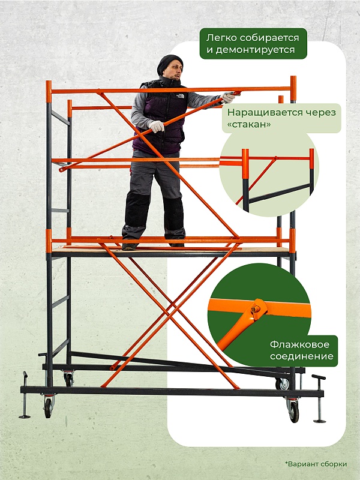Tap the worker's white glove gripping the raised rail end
point(228,97)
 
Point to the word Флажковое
point(295,344)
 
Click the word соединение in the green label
point(302,356)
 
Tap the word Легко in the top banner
point(221,38)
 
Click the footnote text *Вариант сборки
point(316,464)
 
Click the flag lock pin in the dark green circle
point(256,310)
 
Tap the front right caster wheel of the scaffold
point(293,412)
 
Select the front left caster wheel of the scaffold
point(48,408)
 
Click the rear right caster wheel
point(283,384)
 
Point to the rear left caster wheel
point(69,380)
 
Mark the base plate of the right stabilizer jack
point(320,421)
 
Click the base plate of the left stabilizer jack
point(25,416)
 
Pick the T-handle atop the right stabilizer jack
point(319,377)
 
